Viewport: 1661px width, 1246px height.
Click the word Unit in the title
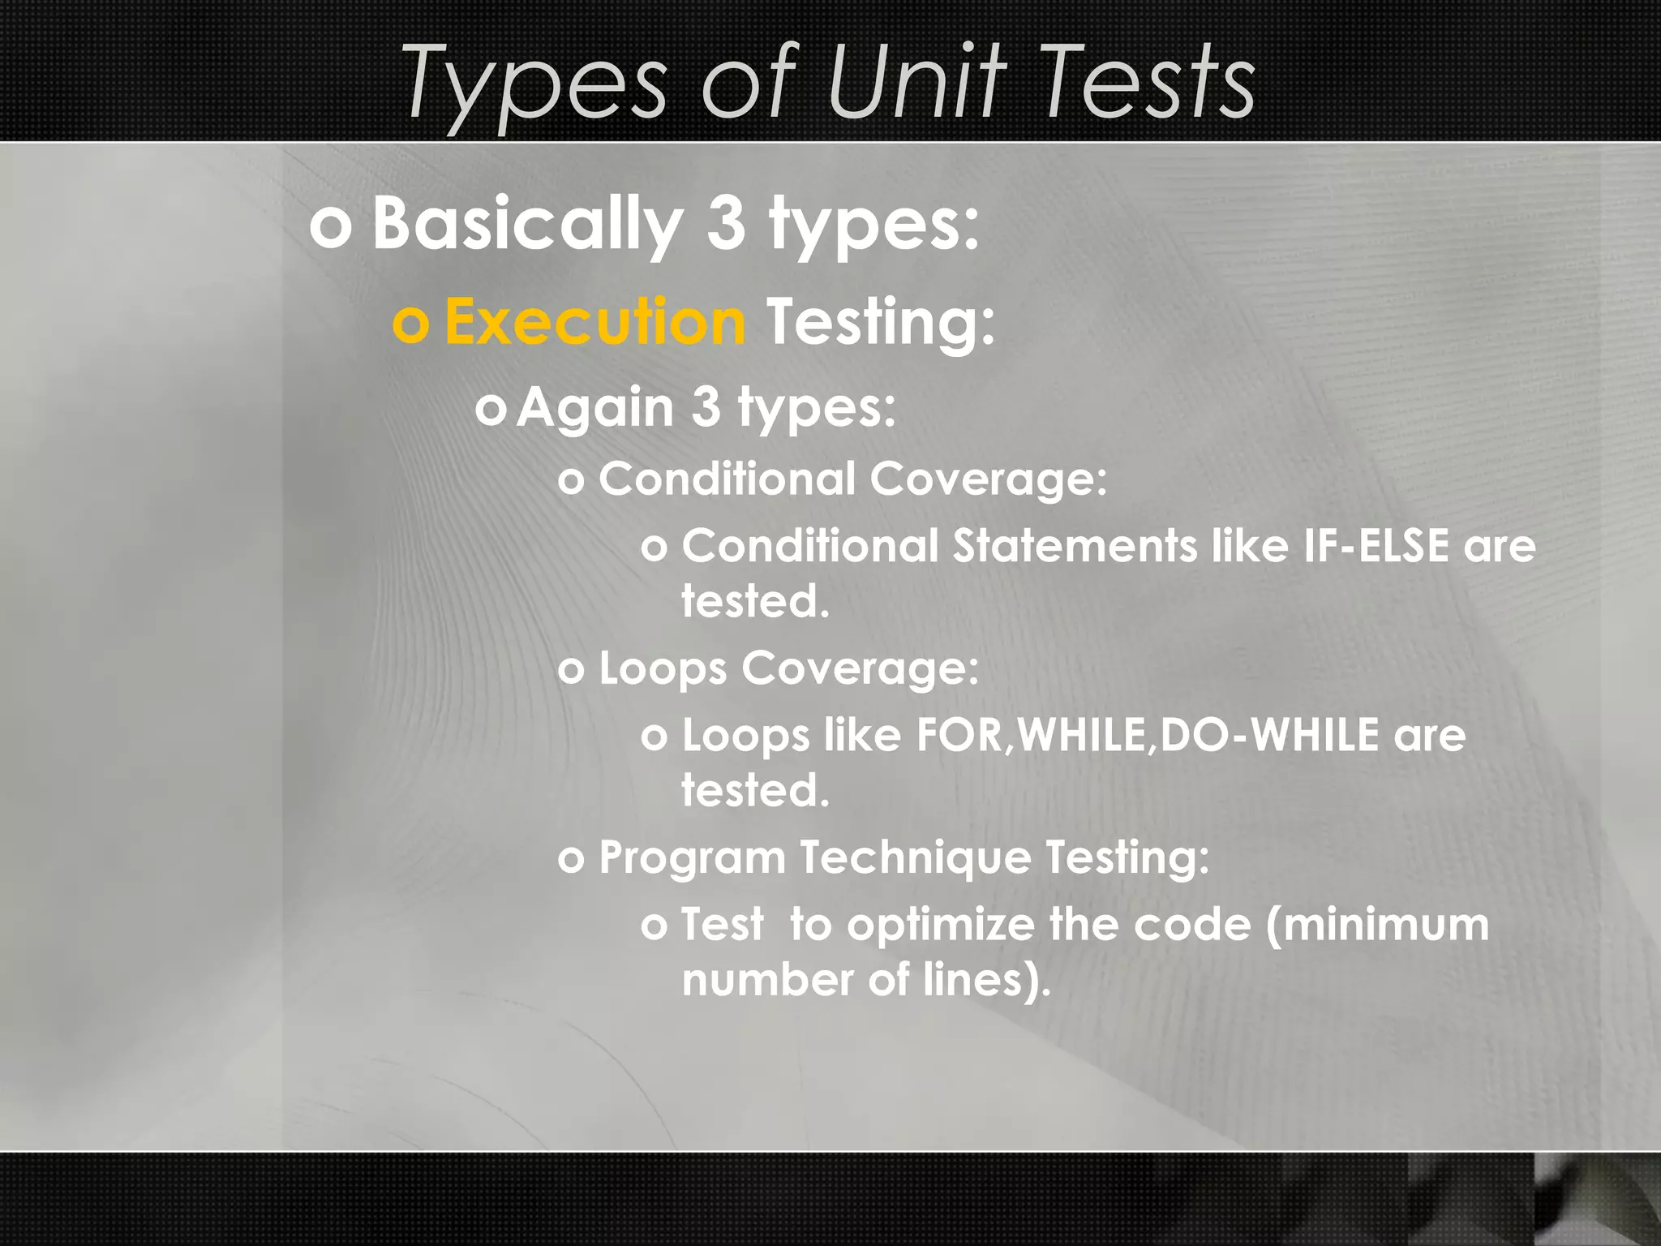point(916,81)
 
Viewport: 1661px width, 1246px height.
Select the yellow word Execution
point(594,322)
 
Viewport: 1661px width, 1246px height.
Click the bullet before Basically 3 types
point(331,227)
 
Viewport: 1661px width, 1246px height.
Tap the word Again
point(595,407)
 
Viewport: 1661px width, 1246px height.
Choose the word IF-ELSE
point(1376,545)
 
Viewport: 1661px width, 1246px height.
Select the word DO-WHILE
point(1269,735)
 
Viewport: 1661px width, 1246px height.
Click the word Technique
point(914,857)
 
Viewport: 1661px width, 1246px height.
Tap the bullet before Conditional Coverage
point(571,481)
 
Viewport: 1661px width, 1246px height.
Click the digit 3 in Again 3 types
point(706,407)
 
